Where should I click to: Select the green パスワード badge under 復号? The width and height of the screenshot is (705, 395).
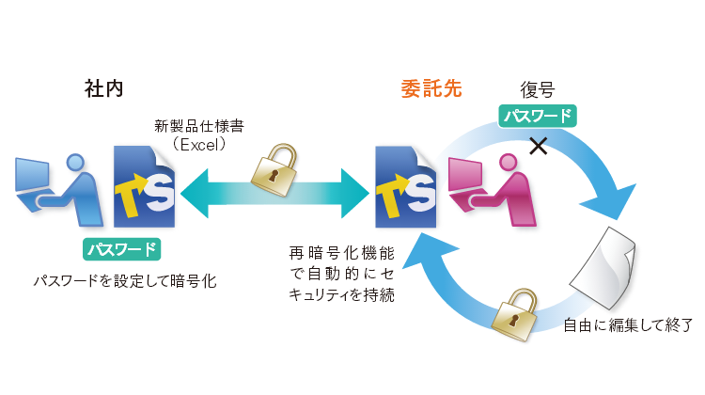537,117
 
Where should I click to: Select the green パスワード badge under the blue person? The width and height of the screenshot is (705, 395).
121,249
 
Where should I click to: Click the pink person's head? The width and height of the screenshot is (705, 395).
509,162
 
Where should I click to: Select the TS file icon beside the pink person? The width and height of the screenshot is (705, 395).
406,185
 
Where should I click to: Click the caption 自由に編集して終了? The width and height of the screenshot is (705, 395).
627,326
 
